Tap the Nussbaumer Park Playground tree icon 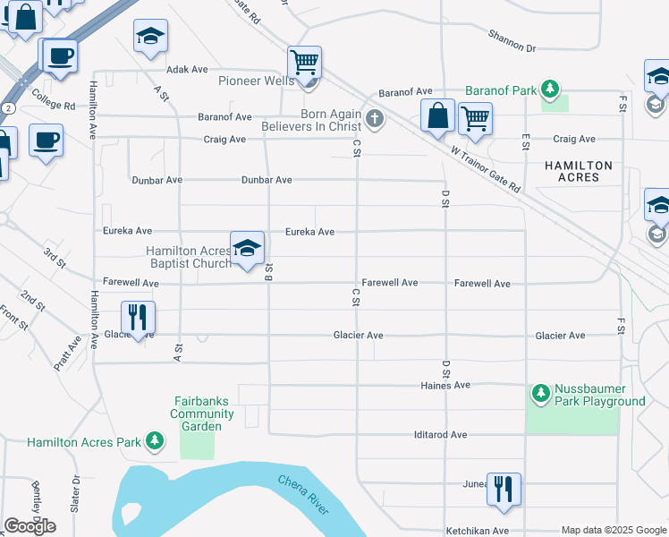coord(540,393)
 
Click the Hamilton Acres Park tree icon coord(156,441)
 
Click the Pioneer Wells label coord(257,81)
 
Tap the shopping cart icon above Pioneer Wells coord(305,64)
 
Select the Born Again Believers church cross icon coord(374,118)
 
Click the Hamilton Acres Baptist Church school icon coord(248,249)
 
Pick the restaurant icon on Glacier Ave coord(138,317)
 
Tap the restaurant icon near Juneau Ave coord(504,489)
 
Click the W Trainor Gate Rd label coord(485,170)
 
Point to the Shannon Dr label coord(512,41)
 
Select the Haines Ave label coord(445,385)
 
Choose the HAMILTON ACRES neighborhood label coord(580,172)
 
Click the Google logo coord(30,526)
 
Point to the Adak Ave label coord(187,69)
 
